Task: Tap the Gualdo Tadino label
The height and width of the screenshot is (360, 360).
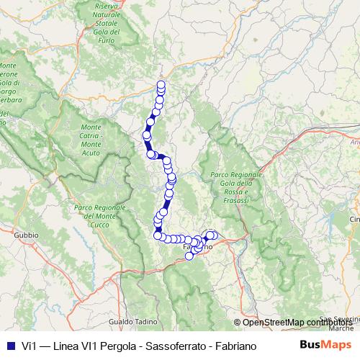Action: (129, 321)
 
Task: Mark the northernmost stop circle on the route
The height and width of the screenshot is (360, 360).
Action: (161, 85)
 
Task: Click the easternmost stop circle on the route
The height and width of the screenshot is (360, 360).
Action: (214, 235)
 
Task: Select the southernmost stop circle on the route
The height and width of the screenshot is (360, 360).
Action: (189, 256)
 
